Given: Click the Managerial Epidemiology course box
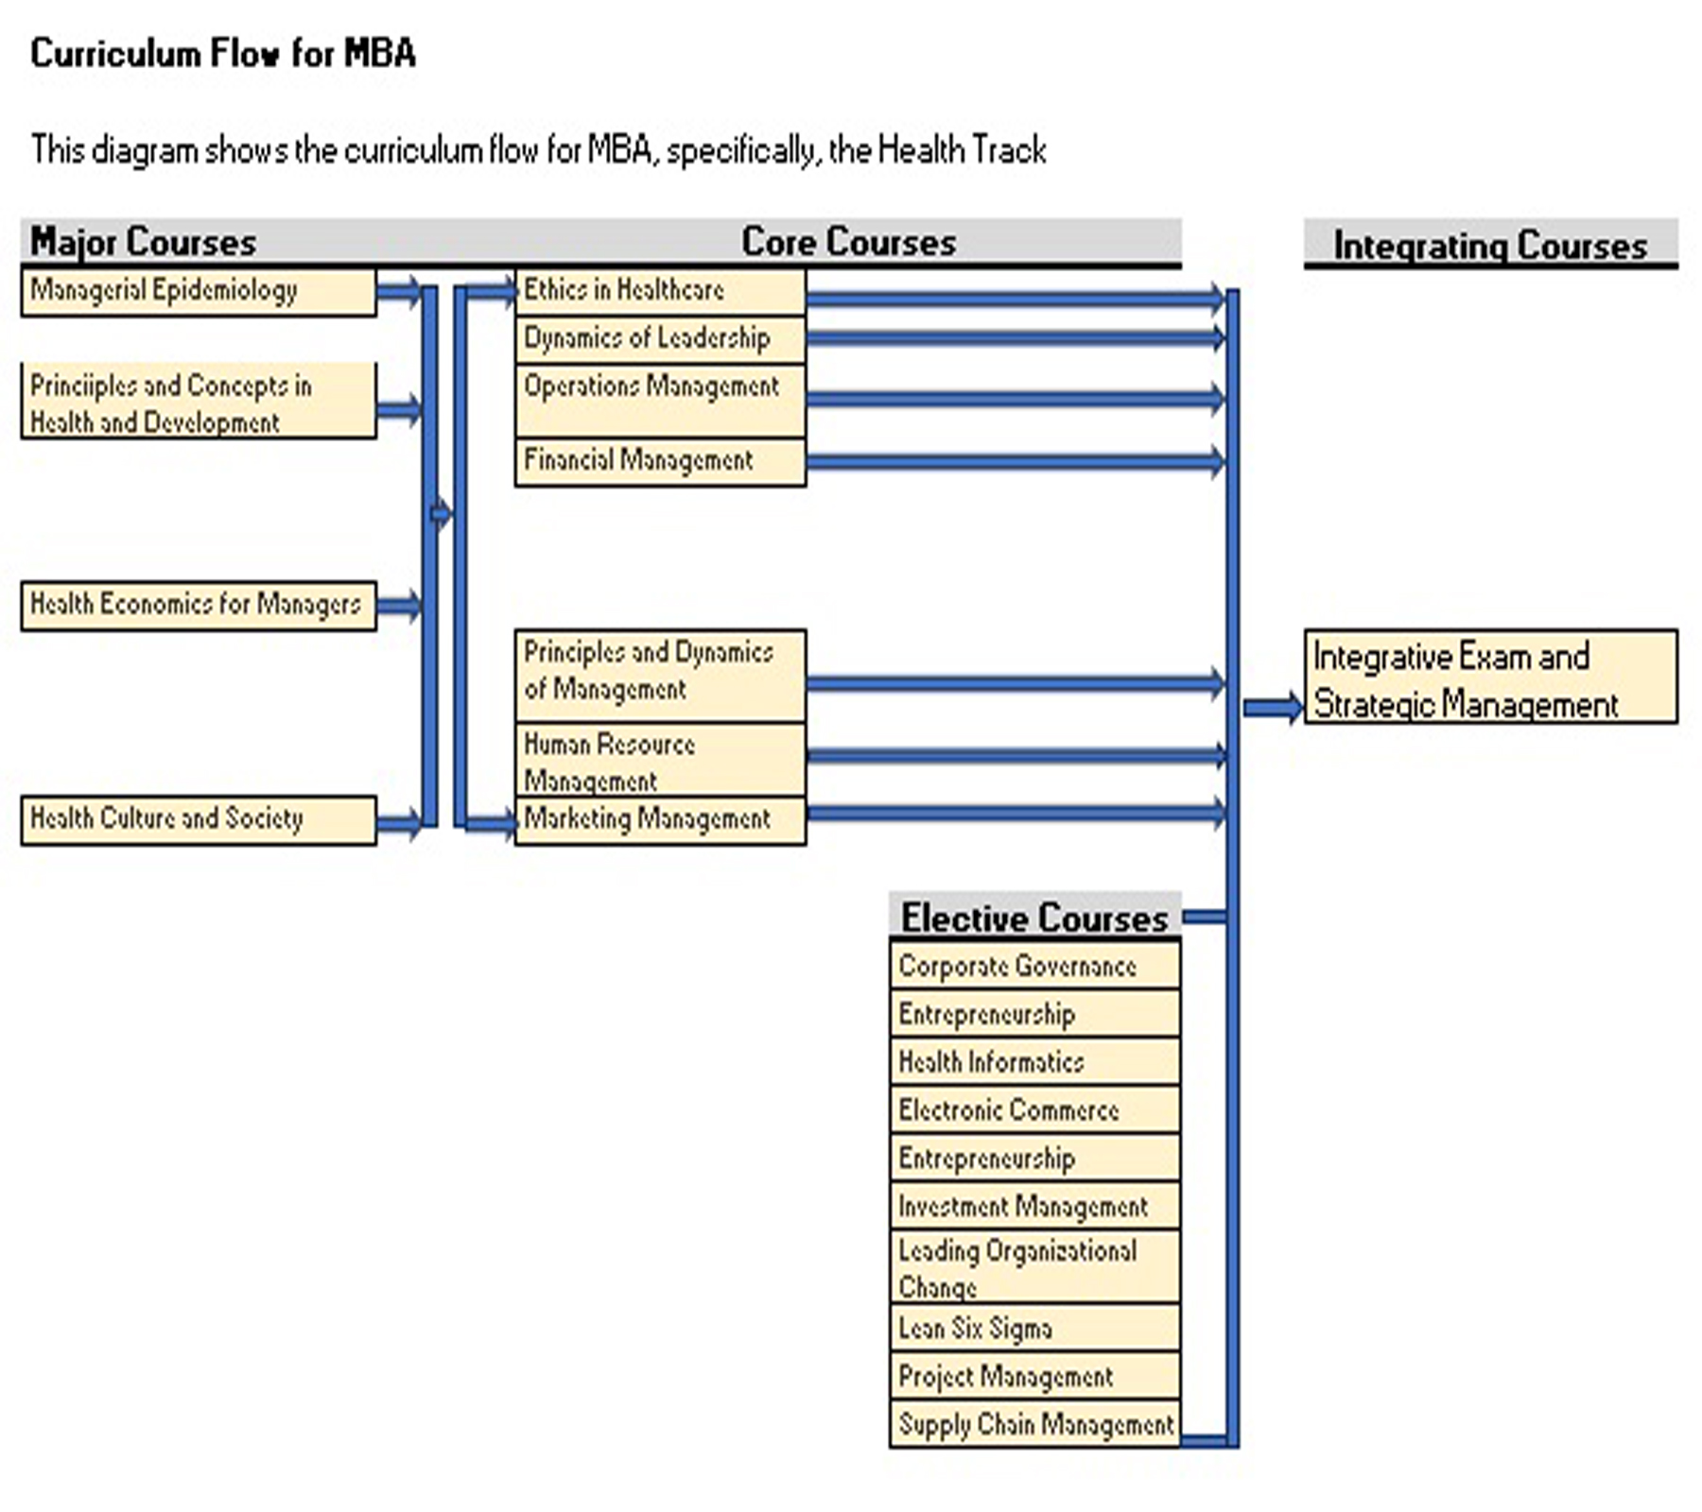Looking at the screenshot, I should click(199, 291).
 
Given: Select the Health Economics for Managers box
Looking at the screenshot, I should click(199, 605).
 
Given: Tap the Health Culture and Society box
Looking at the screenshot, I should click(199, 819).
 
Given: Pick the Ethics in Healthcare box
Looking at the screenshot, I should click(660, 291).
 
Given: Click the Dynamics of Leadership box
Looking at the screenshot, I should click(660, 339).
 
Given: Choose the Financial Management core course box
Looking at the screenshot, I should click(660, 462).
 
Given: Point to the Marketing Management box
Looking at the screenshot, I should click(660, 819).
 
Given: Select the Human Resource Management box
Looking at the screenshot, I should click(660, 761).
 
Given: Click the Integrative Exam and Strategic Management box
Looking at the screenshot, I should click(1490, 677).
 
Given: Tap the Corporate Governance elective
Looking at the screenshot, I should click(1034, 966).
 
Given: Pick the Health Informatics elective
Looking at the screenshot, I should click(1034, 1062).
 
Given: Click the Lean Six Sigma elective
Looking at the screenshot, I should click(1034, 1329).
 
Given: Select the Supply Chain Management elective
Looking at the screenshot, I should click(1034, 1424).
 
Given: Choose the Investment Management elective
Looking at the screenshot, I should click(1034, 1207).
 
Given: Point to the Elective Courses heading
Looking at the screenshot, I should click(1034, 918).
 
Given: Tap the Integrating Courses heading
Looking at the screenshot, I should click(1490, 246).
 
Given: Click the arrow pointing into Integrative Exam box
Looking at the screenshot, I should click(1273, 707).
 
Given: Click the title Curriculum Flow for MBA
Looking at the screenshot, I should click(223, 54).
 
